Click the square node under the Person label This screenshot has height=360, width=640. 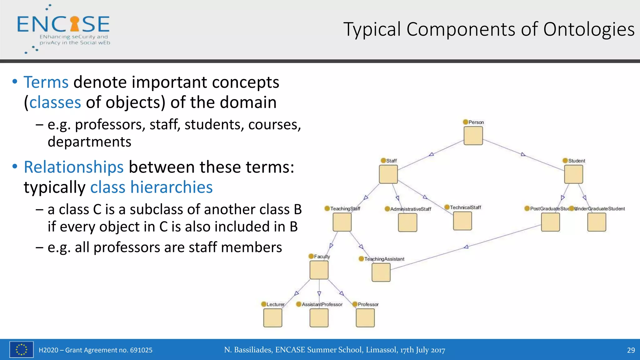[x=473, y=136]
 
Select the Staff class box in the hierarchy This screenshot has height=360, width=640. [x=388, y=174]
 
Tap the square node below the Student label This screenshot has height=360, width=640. [x=573, y=174]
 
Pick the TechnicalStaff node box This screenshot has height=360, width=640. [x=462, y=221]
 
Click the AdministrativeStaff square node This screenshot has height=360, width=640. [x=407, y=222]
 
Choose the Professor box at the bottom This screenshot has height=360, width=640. [x=365, y=318]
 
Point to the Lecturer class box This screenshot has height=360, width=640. [x=273, y=318]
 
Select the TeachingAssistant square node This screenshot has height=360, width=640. [x=381, y=272]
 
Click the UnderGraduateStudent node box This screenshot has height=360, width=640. [x=597, y=222]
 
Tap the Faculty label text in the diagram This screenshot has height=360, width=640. [x=322, y=257]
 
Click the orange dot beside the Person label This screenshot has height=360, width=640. [x=466, y=122]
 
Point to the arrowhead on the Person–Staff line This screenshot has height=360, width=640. [x=431, y=154]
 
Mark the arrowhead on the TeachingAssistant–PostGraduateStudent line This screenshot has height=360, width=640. [x=466, y=247]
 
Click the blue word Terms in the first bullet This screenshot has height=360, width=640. [x=46, y=82]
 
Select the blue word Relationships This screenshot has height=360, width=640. [x=74, y=167]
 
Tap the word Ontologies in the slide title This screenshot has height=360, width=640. [x=589, y=29]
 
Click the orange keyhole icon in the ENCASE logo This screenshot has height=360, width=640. [x=75, y=24]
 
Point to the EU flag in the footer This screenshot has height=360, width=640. [x=21, y=349]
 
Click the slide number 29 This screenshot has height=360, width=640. [x=631, y=350]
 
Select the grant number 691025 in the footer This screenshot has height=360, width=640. [x=141, y=350]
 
